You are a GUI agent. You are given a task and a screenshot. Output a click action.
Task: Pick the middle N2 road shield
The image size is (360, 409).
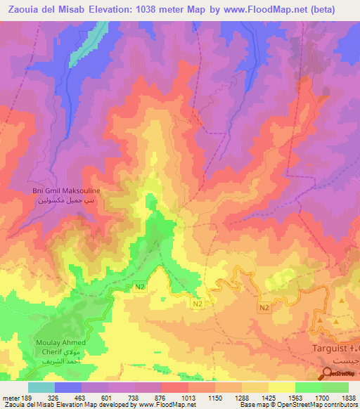tap(198, 304)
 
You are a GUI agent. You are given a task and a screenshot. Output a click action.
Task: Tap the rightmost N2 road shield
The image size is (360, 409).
tap(264, 309)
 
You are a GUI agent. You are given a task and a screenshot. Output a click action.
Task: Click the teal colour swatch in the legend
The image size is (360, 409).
tap(41, 387)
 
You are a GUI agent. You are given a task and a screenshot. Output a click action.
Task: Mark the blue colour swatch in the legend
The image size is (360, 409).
tap(68, 387)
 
